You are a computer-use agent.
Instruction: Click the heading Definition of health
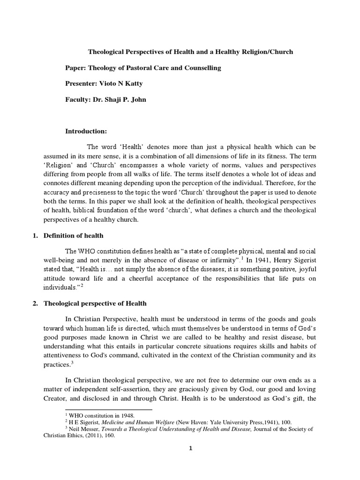(74, 235)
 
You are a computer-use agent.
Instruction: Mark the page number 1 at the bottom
(190, 448)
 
